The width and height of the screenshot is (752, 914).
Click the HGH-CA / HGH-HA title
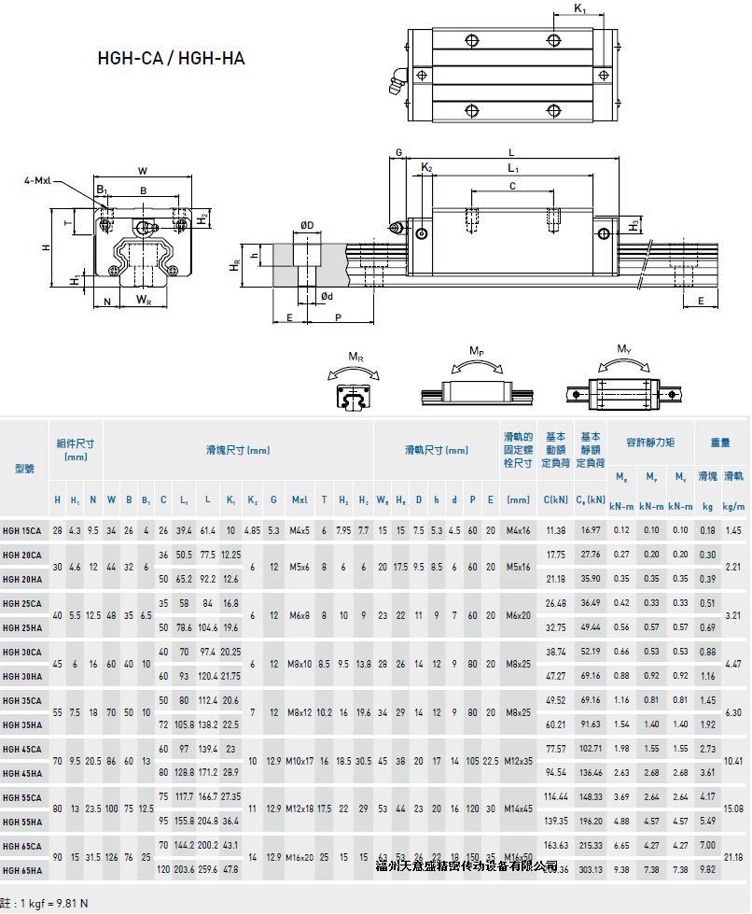(171, 58)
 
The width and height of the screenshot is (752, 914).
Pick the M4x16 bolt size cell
(518, 530)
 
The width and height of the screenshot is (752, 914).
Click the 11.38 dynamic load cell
(556, 530)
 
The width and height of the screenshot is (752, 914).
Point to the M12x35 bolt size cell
(518, 760)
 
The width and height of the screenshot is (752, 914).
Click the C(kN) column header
(556, 500)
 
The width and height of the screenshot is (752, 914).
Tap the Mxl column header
(299, 500)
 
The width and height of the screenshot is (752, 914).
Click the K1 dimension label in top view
(579, 9)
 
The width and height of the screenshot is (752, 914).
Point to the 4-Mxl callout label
(37, 180)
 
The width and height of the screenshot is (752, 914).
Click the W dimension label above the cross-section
(143, 171)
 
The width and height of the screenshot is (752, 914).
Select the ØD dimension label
(306, 224)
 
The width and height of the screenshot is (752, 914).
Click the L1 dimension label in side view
(512, 168)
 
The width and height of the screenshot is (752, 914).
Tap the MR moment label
(355, 357)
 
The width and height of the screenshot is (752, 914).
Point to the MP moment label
(477, 352)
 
